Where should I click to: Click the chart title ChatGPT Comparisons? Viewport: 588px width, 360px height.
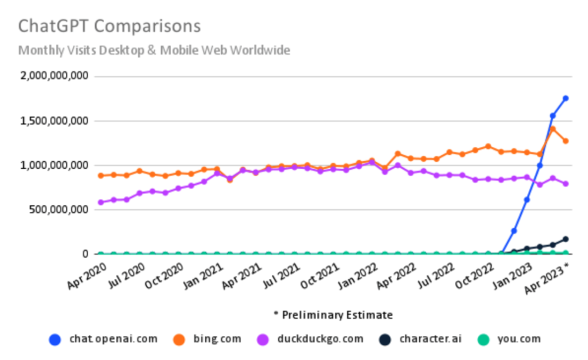pos(109,26)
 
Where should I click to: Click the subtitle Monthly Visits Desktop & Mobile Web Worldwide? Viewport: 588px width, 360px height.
pos(154,51)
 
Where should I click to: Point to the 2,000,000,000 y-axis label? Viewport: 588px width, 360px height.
pos(54,76)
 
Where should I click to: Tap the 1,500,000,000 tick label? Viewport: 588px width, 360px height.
pos(54,121)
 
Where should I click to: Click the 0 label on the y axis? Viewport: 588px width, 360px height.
pos(85,254)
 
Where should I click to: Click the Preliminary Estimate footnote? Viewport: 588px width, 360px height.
pos(333,315)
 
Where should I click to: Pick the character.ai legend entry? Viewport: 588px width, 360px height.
pos(423,339)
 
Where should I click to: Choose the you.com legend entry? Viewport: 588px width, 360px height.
pos(510,339)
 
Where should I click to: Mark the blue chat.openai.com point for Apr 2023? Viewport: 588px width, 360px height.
pos(566,98)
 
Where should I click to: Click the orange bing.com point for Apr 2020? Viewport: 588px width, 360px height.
pos(101,175)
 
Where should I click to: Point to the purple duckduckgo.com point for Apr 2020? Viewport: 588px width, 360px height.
pos(101,202)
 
